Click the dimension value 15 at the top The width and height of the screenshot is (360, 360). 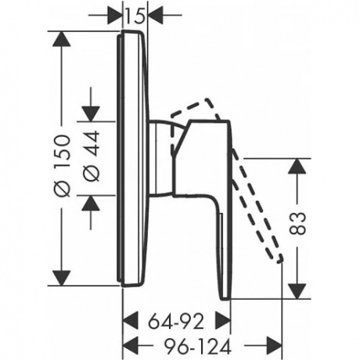point(135,16)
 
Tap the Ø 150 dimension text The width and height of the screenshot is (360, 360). point(63,166)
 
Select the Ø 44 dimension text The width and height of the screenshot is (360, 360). point(92,156)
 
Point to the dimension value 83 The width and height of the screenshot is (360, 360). point(297,223)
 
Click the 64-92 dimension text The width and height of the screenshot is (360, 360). point(176,322)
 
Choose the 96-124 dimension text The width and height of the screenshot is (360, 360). point(197,347)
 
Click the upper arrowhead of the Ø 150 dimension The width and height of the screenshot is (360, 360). point(62,39)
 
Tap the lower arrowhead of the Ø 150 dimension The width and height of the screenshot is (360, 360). point(62,278)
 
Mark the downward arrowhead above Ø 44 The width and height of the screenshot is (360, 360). point(91,113)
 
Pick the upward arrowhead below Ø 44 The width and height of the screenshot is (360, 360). point(91,203)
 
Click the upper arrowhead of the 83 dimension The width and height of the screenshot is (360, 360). point(297,166)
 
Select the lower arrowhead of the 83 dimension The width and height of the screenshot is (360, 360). point(297,291)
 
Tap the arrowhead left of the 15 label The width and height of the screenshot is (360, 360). point(115,16)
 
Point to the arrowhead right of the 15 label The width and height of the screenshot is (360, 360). point(156,16)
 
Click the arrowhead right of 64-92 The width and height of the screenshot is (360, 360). point(222,320)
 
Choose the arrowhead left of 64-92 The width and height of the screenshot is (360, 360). point(130,320)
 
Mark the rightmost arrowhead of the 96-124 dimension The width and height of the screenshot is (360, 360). point(274,346)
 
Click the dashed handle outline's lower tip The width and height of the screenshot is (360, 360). point(280,259)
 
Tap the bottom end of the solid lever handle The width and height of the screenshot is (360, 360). point(226,299)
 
